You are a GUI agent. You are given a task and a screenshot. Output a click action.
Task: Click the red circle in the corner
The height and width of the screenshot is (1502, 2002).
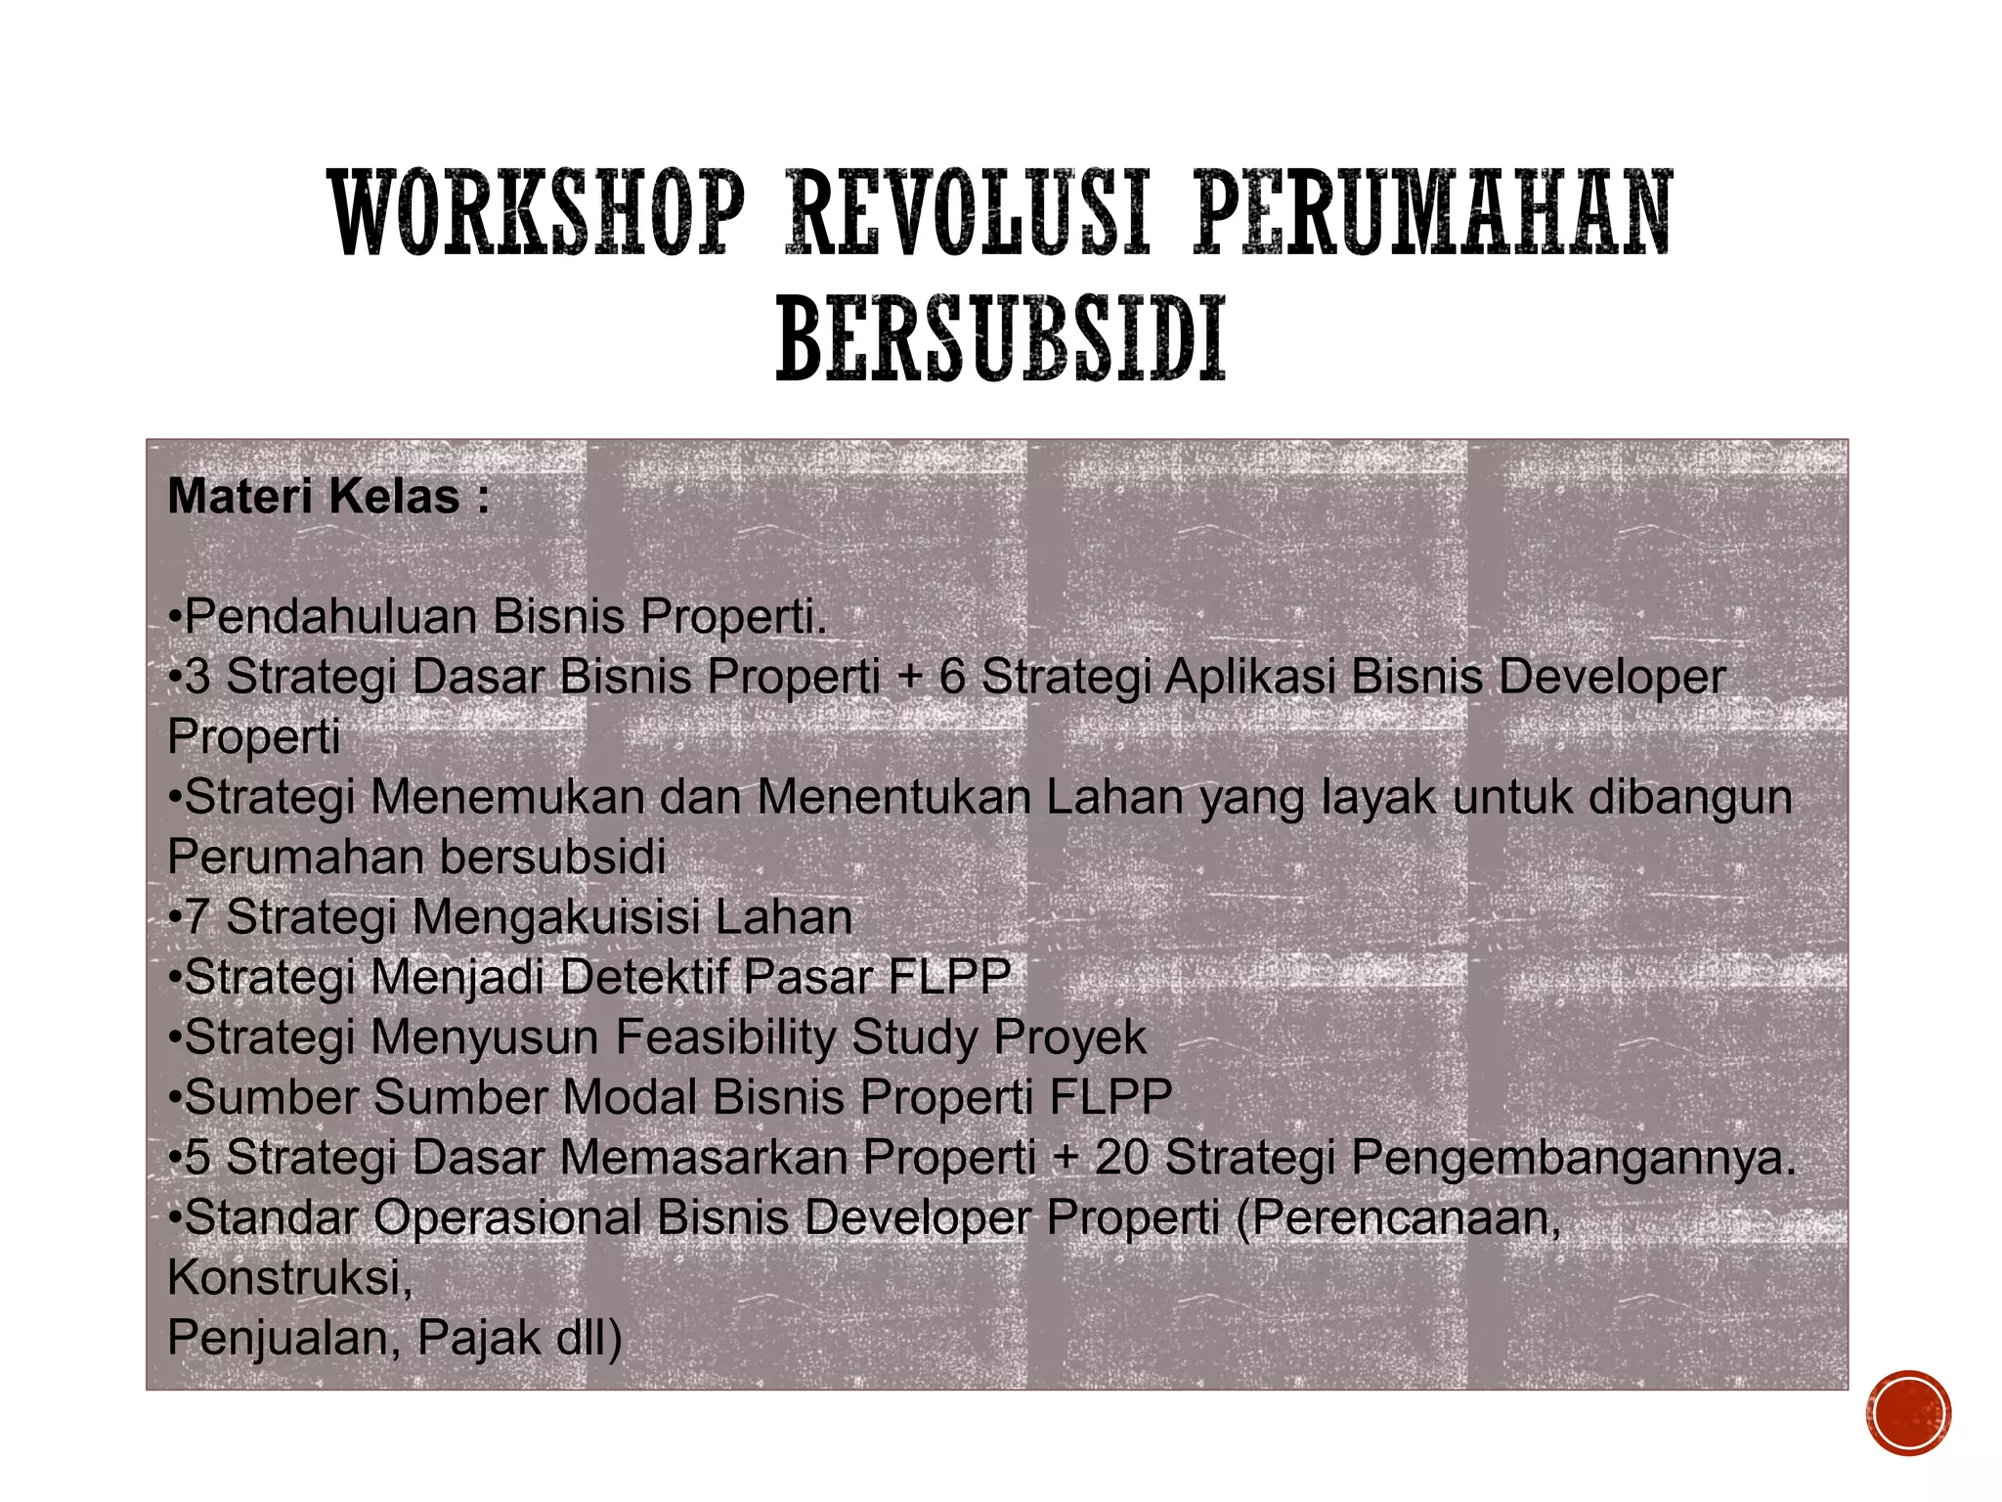click(1907, 1413)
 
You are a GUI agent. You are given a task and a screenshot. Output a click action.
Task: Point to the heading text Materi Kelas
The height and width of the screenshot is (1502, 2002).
click(328, 497)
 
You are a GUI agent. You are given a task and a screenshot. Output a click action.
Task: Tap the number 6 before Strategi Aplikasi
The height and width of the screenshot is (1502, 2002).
click(951, 677)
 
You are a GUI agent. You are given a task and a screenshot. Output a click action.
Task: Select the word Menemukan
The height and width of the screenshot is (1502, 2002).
click(507, 797)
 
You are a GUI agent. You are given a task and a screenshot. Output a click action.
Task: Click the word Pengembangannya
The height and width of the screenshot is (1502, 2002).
click(1574, 1158)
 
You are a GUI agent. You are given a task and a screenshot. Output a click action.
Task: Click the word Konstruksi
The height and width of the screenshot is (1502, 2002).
click(289, 1277)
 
